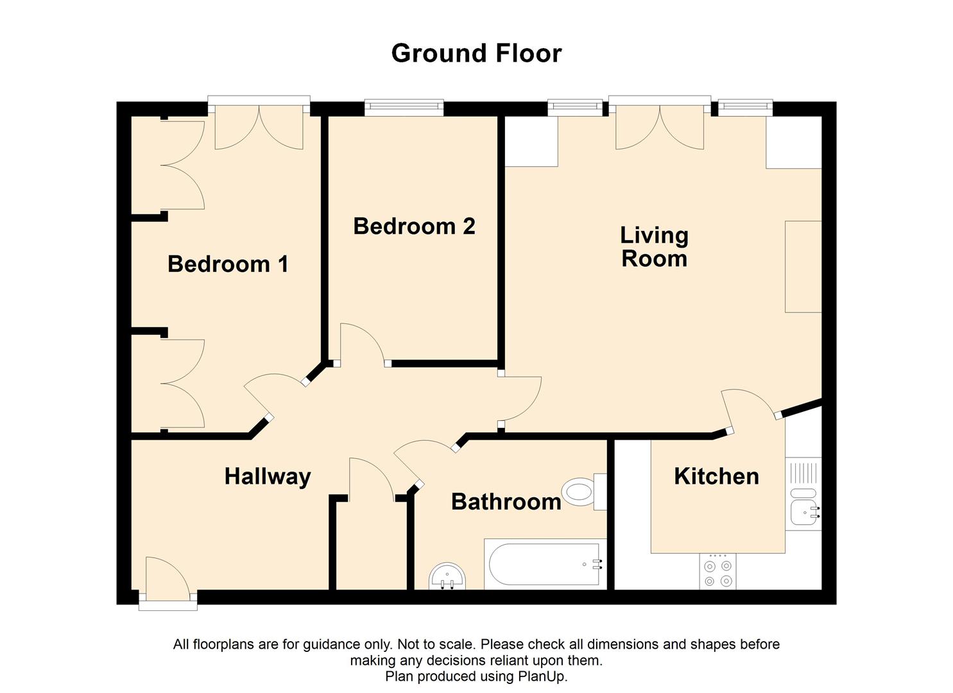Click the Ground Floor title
point(476,53)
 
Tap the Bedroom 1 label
point(228,264)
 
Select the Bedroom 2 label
point(414,226)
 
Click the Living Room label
point(654,246)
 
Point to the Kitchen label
point(716,476)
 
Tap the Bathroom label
point(506,501)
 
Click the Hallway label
point(268,476)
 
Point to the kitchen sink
point(803,511)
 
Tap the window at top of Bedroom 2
point(404,107)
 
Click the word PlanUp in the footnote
point(545,676)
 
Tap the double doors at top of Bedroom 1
point(259,126)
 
